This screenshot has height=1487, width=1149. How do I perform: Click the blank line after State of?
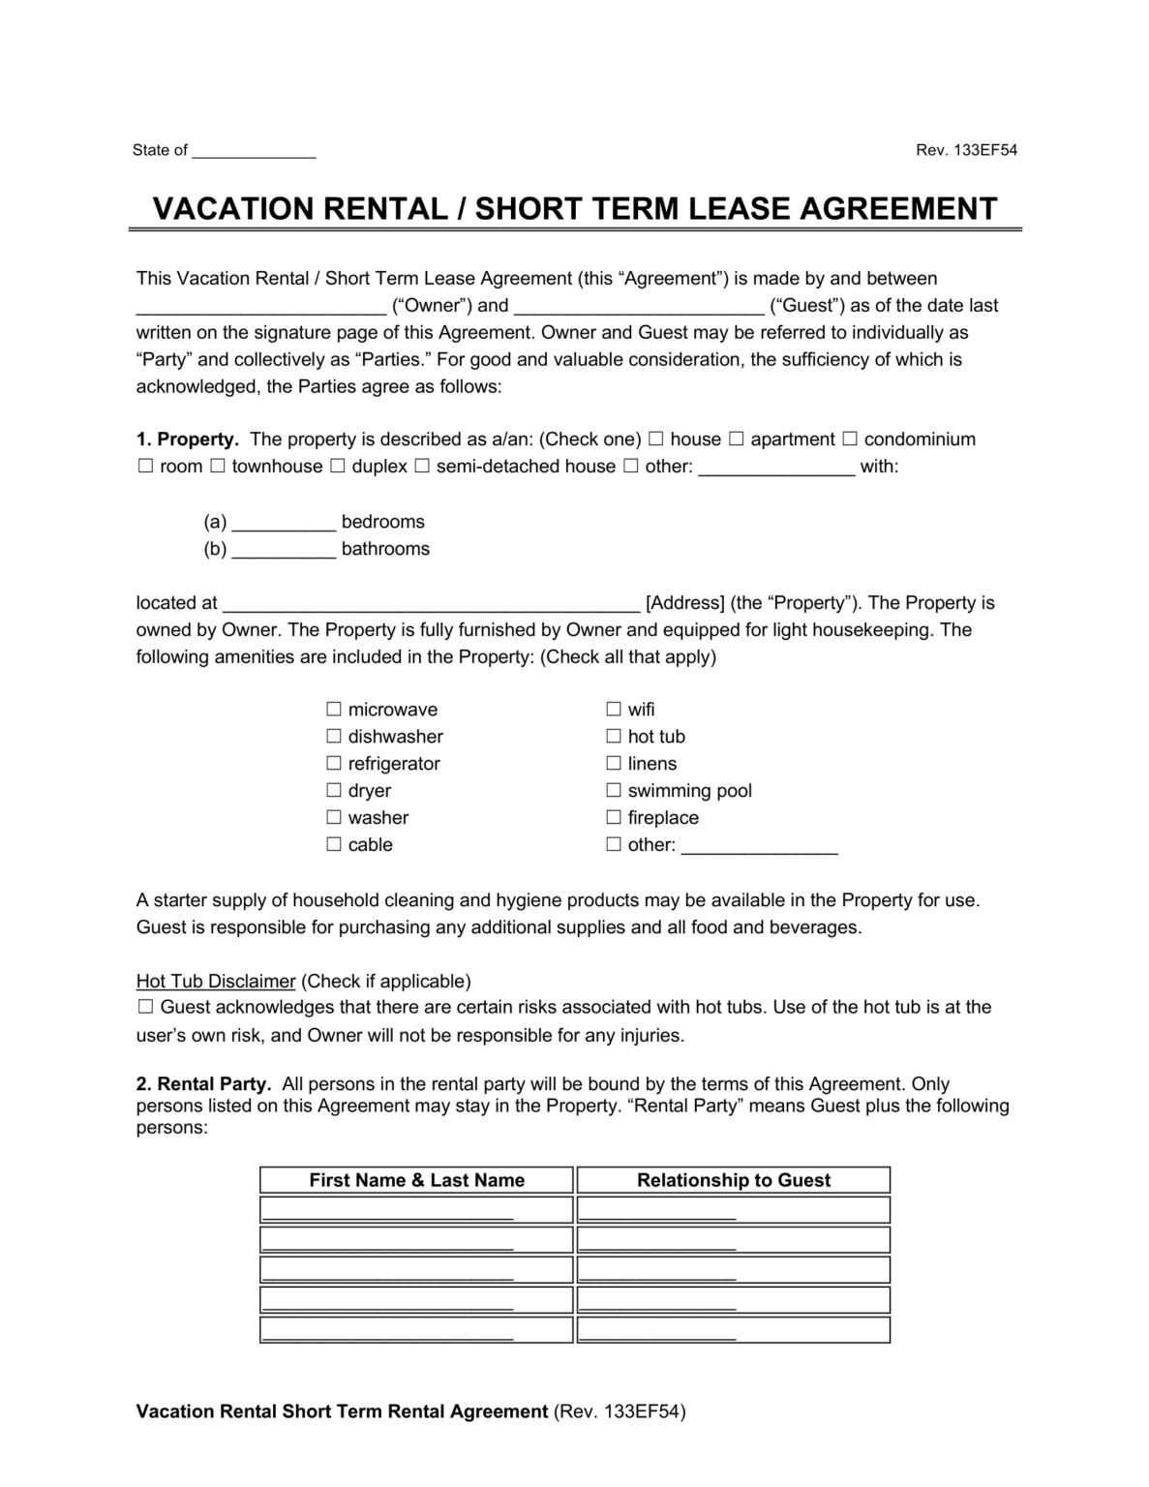click(x=254, y=151)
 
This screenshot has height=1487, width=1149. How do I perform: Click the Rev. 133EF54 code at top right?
click(x=966, y=150)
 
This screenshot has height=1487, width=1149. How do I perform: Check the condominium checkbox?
click(x=850, y=440)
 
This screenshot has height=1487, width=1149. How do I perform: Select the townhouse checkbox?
click(x=218, y=467)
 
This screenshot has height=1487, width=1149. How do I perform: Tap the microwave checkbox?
click(x=334, y=710)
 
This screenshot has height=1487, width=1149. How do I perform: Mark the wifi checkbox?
click(x=614, y=710)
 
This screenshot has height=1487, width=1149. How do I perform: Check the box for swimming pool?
click(x=614, y=791)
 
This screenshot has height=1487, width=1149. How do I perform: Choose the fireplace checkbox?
click(x=614, y=818)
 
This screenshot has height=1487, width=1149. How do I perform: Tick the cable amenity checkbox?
click(x=334, y=845)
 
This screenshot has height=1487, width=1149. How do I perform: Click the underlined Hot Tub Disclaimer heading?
click(x=216, y=981)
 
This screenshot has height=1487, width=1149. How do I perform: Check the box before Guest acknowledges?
click(x=146, y=1007)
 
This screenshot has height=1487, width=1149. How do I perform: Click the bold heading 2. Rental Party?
click(x=204, y=1084)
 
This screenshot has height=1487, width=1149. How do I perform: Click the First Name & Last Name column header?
click(x=416, y=1180)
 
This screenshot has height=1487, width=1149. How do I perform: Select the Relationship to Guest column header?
click(x=733, y=1180)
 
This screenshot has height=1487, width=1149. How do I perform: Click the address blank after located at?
click(x=431, y=604)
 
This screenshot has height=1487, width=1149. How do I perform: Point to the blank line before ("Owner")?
click(x=260, y=307)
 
